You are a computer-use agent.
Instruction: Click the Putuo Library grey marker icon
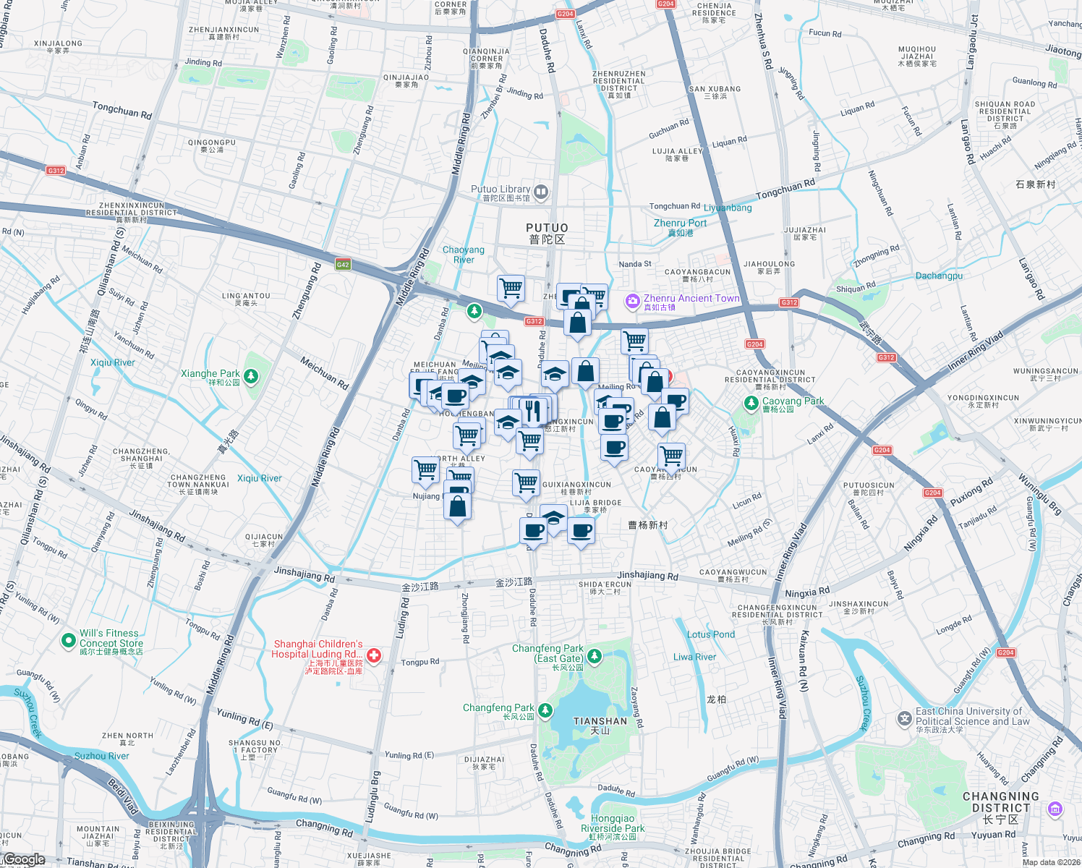(x=541, y=192)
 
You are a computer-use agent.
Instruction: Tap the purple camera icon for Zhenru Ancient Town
(x=633, y=301)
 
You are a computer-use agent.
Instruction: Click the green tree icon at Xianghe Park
(x=251, y=376)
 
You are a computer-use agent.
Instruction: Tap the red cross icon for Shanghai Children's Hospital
(x=373, y=656)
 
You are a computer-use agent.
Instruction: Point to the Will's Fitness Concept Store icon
(x=68, y=640)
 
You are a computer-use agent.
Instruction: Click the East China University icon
(x=904, y=719)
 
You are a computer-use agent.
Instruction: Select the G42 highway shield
(x=343, y=265)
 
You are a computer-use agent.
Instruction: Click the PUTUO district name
(x=547, y=233)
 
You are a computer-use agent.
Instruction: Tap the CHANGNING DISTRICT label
(x=1000, y=802)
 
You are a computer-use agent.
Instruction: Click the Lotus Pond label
(x=710, y=634)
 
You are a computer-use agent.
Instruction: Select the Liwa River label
(x=694, y=657)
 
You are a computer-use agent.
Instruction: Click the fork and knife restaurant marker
(x=533, y=410)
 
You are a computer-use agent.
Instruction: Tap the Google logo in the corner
(x=24, y=859)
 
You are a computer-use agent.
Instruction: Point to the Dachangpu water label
(x=939, y=276)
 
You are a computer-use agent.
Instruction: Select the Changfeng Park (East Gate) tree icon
(x=595, y=656)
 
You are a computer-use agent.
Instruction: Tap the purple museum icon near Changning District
(x=1055, y=808)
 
